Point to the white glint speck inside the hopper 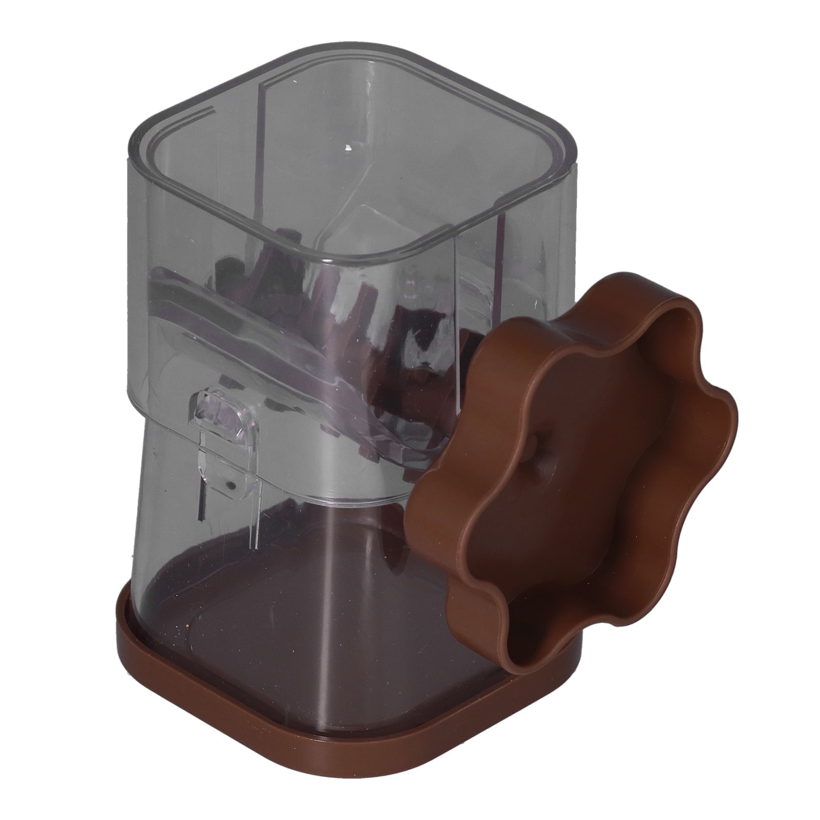pyautogui.click(x=349, y=149)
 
